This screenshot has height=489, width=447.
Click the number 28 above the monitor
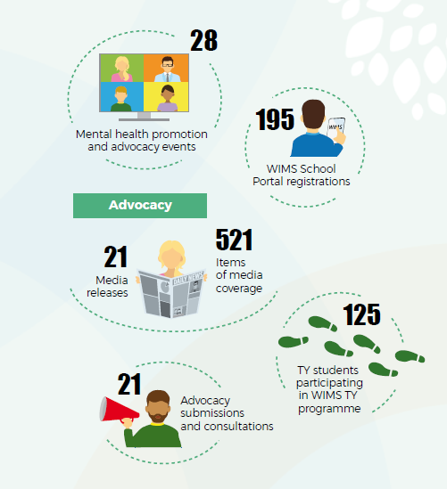pos(203,40)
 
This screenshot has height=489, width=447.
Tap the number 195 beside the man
pos(275,119)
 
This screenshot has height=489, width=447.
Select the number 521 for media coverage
pos(234,240)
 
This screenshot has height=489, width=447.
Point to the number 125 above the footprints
pos(361,314)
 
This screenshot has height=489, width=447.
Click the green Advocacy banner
pos(140,206)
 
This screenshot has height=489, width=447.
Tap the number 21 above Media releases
pos(116,257)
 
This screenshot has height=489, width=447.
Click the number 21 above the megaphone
pos(129,384)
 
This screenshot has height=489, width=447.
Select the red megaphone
pos(118,411)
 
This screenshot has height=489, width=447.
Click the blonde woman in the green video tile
pos(122,69)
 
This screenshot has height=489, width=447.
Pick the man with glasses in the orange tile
pos(168,69)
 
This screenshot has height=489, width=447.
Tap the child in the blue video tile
pos(120,99)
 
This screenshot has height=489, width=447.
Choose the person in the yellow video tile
pos(168,98)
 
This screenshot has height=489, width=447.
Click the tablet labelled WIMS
pos(335,128)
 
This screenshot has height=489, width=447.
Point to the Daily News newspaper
pos(171,294)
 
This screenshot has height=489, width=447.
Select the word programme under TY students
pos(329,409)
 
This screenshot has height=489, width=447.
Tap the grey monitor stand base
pos(144,119)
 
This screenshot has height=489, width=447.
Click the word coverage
pos(239,289)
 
